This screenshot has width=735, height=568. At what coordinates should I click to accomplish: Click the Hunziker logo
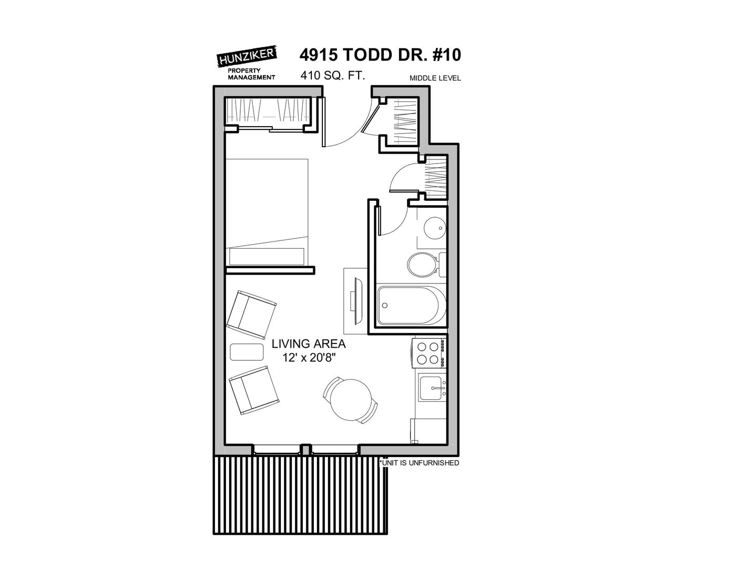(x=247, y=63)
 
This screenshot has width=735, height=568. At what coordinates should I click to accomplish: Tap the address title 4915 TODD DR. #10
(x=380, y=55)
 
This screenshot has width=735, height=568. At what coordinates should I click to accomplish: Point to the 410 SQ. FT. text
(x=333, y=75)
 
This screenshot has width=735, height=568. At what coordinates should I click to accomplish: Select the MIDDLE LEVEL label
(x=435, y=78)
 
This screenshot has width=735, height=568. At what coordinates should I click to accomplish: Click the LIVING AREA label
(x=309, y=344)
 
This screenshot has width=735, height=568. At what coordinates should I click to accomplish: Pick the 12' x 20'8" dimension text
(x=309, y=358)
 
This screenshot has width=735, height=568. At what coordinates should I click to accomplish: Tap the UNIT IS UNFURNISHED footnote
(x=419, y=463)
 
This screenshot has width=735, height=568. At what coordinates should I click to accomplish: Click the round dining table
(x=351, y=400)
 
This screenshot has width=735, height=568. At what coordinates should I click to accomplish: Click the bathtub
(x=412, y=306)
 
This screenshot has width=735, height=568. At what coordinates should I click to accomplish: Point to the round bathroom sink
(x=434, y=228)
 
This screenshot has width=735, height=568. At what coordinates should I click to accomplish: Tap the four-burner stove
(x=429, y=353)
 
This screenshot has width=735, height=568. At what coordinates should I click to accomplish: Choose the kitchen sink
(x=432, y=388)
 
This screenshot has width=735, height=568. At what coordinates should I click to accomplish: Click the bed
(x=267, y=212)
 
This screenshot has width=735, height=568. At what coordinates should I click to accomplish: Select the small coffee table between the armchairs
(x=247, y=352)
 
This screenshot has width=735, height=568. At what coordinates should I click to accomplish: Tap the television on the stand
(x=357, y=301)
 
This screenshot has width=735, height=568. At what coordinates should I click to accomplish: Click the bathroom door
(x=380, y=220)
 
